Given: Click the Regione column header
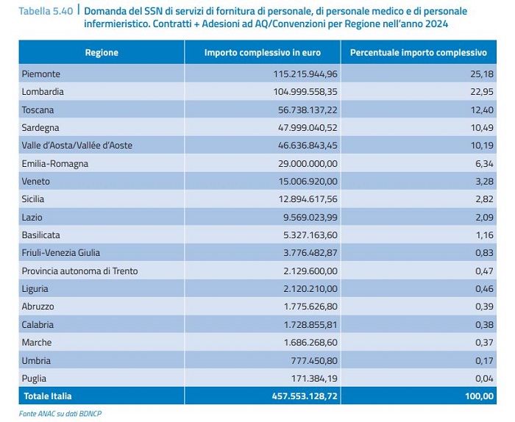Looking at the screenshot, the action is point(102,52).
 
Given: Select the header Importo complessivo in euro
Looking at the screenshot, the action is point(263,52).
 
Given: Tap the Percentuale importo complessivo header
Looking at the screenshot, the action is point(419,52).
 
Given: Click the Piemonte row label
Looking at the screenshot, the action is point(41,74).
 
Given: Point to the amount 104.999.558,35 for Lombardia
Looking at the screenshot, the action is point(305,92).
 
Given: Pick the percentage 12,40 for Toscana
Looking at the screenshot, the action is point(482,110).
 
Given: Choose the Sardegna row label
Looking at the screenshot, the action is point(40,128).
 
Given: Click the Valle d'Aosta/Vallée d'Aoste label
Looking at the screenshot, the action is point(77,146).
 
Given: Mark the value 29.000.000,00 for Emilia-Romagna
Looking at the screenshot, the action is point(308,163).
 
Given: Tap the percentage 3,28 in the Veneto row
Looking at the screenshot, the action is point(484,181).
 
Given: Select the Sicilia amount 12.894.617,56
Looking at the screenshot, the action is point(308,199).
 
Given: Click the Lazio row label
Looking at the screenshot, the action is point(32,217).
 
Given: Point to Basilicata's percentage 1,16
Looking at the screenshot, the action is point(485,235).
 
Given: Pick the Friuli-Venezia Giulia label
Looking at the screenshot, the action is point(61,253).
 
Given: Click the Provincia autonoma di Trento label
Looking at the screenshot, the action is point(79,271).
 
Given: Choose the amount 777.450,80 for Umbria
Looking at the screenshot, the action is point(314,361).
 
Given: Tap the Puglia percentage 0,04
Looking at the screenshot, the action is point(484,379).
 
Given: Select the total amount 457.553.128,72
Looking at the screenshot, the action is point(305,396).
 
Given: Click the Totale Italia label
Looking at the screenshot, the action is point(48,396).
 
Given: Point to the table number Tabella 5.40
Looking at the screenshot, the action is point(46,11).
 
